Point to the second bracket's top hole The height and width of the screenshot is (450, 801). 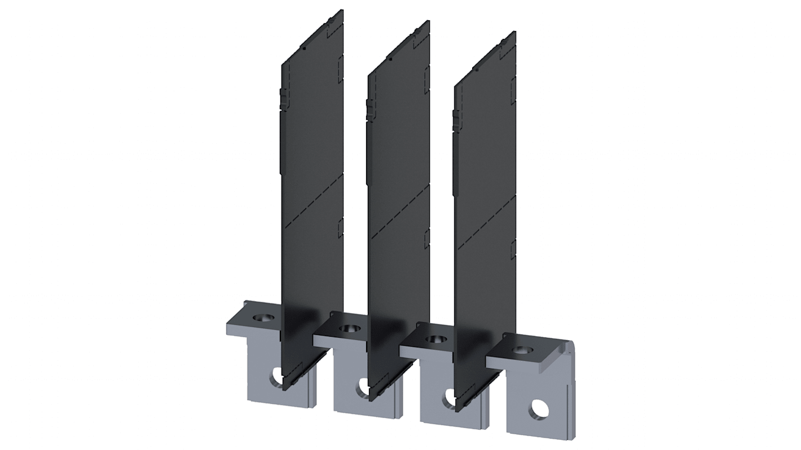pos(348,328)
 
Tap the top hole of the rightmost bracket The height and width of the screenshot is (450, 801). pos(522,350)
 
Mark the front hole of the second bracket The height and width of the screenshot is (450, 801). pos(362,387)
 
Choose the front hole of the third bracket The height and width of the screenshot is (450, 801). pos(449,397)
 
